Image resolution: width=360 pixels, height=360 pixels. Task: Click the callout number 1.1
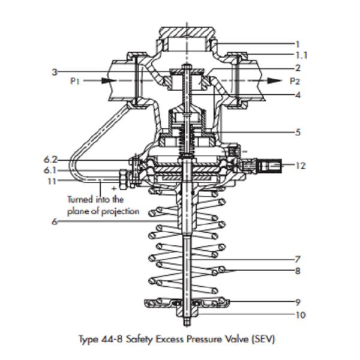point(302,55)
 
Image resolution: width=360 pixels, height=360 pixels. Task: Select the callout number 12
point(301,166)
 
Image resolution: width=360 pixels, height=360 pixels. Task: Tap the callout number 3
point(54,71)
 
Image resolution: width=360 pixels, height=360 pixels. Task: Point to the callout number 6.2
point(50,160)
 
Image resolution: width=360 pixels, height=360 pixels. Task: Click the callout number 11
point(50,181)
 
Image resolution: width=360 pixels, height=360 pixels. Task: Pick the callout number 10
point(301,314)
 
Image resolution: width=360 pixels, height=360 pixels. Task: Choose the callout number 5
point(298,132)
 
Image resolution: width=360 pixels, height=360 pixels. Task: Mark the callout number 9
point(298,301)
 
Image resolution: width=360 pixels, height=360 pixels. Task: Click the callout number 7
point(298,259)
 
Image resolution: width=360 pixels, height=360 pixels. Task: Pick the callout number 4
point(298,95)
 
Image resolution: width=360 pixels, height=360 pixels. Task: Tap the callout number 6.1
point(50,170)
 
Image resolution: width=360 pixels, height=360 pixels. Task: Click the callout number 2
point(298,68)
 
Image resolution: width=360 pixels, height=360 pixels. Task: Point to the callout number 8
point(298,271)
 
